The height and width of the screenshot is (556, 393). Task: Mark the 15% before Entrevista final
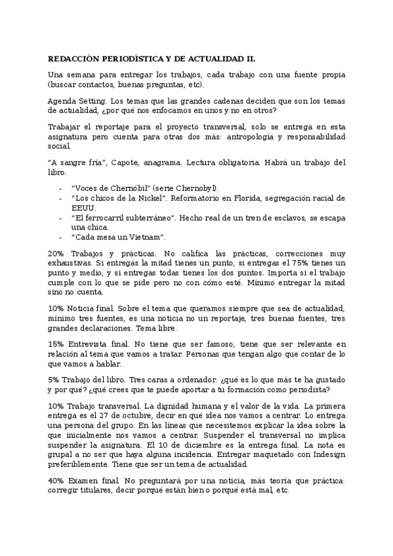pos(56,344)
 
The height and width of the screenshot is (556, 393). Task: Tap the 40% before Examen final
pos(56,481)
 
